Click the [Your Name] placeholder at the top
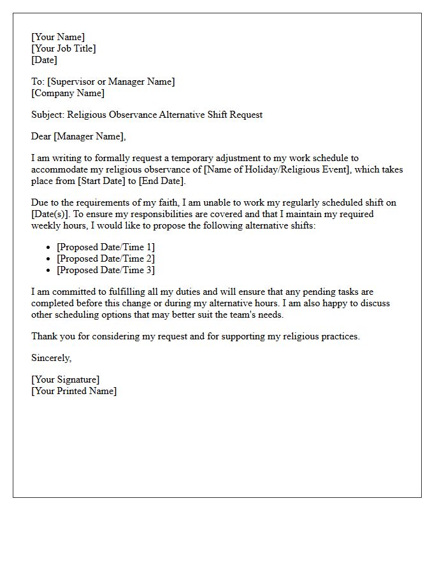(x=58, y=37)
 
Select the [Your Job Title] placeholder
(x=64, y=48)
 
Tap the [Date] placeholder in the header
(x=44, y=60)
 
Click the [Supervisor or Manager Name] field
(x=111, y=81)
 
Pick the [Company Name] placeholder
(x=68, y=93)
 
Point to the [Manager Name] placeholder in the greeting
(x=89, y=136)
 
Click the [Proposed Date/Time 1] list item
(x=106, y=247)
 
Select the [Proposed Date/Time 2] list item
(x=106, y=258)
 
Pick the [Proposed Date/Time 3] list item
(x=106, y=270)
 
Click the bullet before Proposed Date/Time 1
(x=48, y=247)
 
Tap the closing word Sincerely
(x=51, y=358)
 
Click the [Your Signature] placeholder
(x=65, y=379)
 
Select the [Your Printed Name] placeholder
(x=74, y=391)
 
